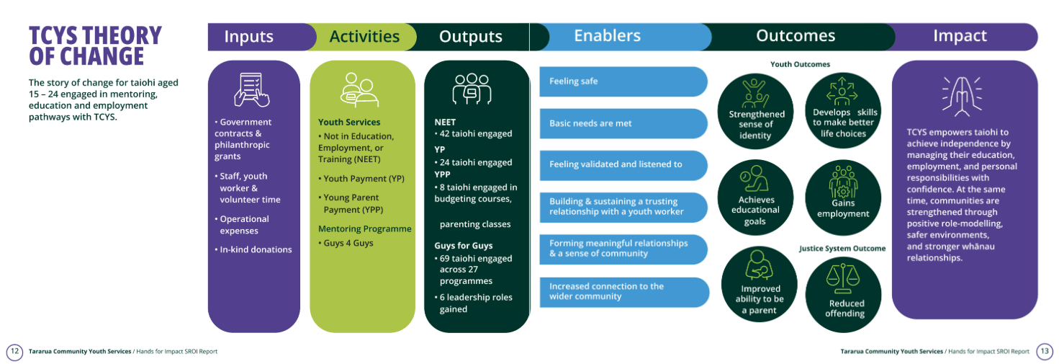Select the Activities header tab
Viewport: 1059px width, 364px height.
[x=364, y=37]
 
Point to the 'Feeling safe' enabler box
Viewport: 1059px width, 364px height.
[x=623, y=81]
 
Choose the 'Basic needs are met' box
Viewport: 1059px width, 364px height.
[x=623, y=123]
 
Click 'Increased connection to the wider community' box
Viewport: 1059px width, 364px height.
[x=624, y=292]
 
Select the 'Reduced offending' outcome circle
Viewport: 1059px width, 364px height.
[x=844, y=295]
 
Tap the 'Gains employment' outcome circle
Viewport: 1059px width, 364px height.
[x=843, y=197]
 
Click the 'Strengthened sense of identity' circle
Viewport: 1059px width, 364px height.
[x=755, y=111]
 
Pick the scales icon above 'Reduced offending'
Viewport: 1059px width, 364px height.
[x=842, y=279]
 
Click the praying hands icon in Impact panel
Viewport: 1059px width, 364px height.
[x=962, y=96]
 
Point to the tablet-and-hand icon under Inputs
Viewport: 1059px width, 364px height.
[x=251, y=89]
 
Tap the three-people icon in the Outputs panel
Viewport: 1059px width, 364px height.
[x=472, y=89]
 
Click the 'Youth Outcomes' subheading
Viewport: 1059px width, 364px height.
[x=800, y=64]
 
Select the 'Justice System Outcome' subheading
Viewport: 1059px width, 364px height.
[x=842, y=249]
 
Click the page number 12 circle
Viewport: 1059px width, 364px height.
[x=14, y=352]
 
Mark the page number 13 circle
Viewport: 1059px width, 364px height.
[x=1045, y=352]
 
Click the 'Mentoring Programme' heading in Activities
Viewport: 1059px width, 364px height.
[x=364, y=228]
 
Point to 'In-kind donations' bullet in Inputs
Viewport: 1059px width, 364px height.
[x=253, y=249]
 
